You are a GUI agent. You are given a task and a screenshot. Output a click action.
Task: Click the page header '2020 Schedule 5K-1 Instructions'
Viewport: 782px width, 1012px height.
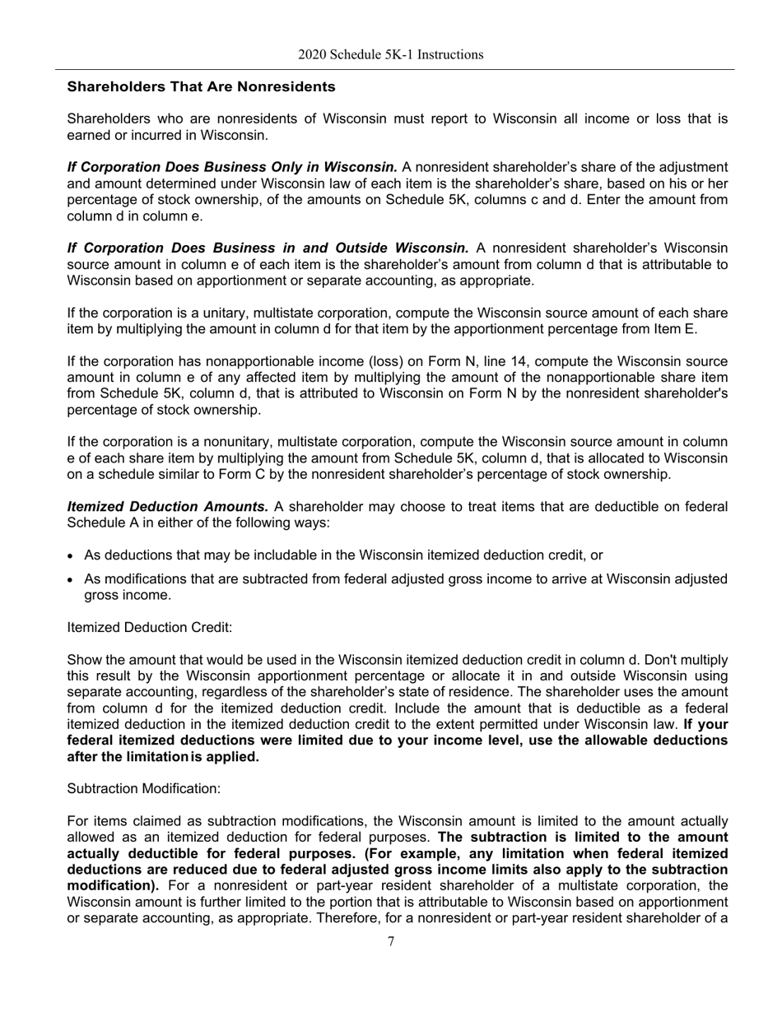pyautogui.click(x=390, y=55)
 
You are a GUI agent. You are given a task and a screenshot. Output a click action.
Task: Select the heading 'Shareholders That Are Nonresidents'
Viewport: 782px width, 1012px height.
pyautogui.click(x=201, y=86)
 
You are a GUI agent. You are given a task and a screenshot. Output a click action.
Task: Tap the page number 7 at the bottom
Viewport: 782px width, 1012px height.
pyautogui.click(x=391, y=942)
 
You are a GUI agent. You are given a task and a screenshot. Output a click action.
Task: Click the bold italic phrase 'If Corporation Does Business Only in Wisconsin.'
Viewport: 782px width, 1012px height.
pyautogui.click(x=232, y=167)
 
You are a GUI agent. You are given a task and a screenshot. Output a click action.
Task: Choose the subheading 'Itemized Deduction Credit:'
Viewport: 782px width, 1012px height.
pyautogui.click(x=149, y=628)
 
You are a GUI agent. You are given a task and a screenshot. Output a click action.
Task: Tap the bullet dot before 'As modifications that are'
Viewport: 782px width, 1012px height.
pyautogui.click(x=72, y=580)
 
